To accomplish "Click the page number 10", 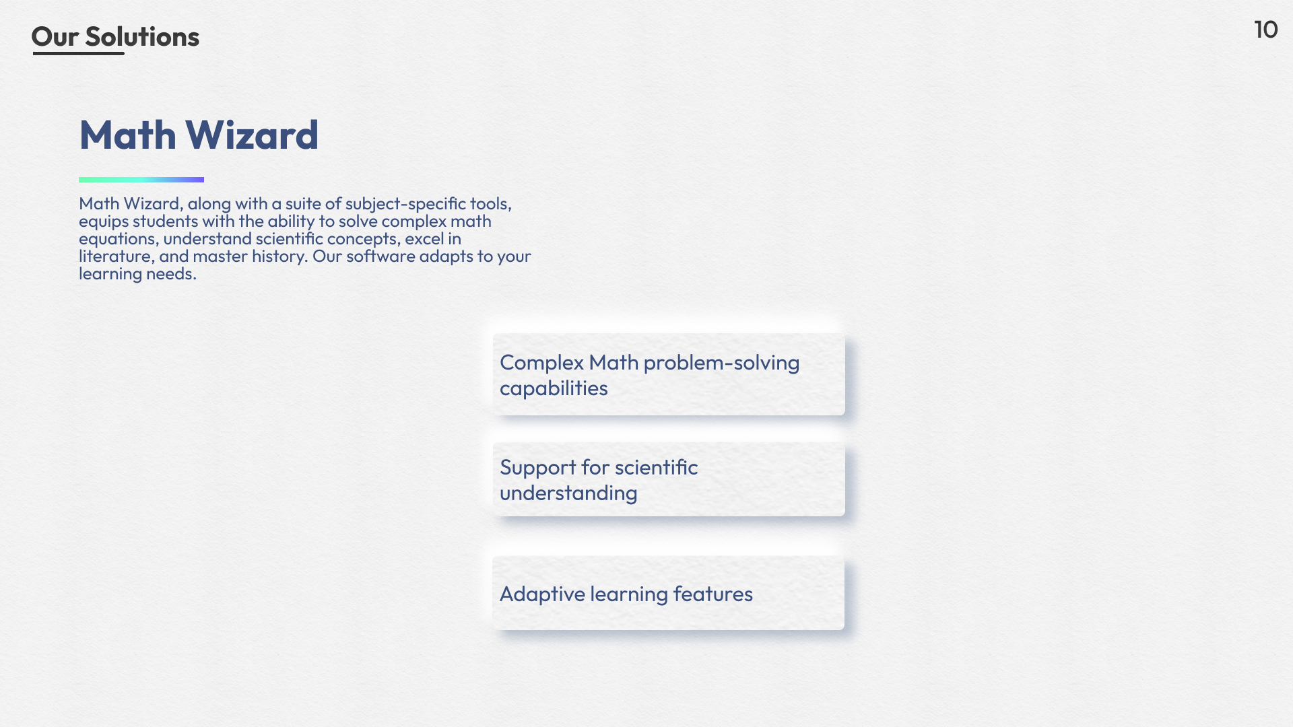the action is (x=1265, y=30).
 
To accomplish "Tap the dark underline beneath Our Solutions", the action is (x=78, y=53).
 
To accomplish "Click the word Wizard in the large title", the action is (x=251, y=135).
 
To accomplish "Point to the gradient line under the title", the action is (x=141, y=180).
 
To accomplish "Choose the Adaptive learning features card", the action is (x=668, y=593).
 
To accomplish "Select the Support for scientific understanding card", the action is (x=669, y=479).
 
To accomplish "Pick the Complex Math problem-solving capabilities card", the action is (x=669, y=374).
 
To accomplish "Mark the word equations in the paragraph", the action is (x=119, y=240).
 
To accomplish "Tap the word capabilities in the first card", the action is (x=554, y=388).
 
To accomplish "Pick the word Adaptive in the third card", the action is (x=542, y=594).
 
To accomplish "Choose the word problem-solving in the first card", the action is (x=721, y=363).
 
